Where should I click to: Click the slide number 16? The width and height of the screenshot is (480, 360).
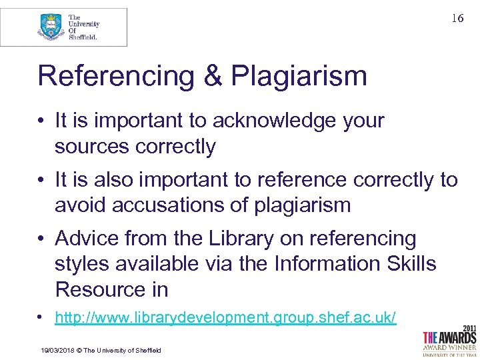(457, 19)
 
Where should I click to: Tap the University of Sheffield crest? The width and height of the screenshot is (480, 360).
(51, 27)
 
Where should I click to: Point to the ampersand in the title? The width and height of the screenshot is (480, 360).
(213, 77)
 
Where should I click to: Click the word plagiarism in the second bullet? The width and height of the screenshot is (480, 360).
(303, 205)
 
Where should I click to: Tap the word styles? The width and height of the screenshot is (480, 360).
(83, 264)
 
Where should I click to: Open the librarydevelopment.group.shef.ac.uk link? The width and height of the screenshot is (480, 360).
(225, 318)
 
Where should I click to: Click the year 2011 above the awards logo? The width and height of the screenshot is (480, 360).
(468, 328)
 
